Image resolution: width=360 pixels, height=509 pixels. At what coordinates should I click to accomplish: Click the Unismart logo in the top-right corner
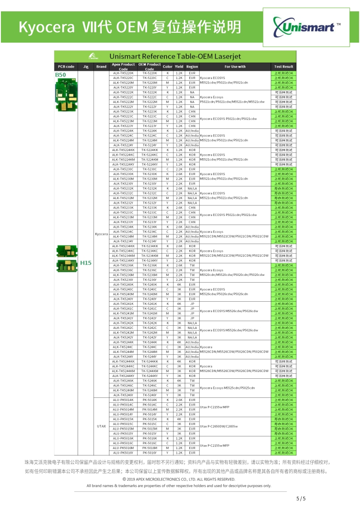pos(307,27)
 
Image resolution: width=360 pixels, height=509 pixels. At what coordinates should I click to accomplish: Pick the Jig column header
pos(86,67)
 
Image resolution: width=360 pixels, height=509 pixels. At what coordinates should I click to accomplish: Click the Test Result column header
pos(284,67)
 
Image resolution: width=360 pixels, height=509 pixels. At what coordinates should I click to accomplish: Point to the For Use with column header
pos(235,67)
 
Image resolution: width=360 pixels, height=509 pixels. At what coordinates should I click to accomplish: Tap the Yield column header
pos(179,67)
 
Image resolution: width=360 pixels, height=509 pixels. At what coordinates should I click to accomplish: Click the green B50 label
pos(60,74)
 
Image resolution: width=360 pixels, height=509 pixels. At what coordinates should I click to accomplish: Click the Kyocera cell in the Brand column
pos(102,234)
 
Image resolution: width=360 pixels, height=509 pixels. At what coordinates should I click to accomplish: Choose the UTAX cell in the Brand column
pos(102,426)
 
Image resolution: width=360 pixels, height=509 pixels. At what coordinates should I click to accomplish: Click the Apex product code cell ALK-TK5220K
pos(123,73)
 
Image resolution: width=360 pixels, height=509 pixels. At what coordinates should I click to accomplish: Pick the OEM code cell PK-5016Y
pos(149,453)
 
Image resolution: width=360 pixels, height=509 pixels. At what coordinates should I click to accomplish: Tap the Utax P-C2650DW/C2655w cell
pos(219,426)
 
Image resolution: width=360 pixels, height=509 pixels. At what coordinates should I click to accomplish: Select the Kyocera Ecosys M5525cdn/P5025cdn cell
pos(227,388)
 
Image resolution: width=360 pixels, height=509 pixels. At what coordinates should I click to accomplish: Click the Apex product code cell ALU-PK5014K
pos(123,400)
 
